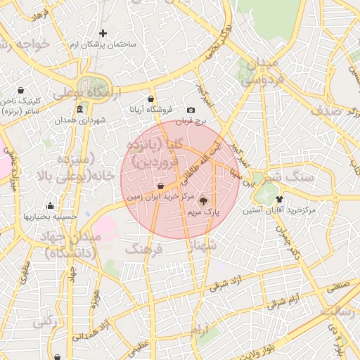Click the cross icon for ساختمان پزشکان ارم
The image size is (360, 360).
pos(103,33)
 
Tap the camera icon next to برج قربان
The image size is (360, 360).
pos(191,110)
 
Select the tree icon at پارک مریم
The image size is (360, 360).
pos(205,200)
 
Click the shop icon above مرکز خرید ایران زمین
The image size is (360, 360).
pos(161,186)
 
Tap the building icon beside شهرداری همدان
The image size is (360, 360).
pos(79,110)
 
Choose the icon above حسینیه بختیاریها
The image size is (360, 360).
pos(49,206)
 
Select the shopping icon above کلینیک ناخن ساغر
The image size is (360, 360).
pos(20,90)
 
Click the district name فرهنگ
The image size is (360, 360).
pos(143,249)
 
